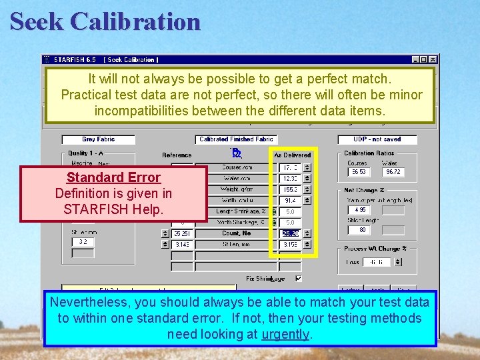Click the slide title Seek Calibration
[105, 21]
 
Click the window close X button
[432, 60]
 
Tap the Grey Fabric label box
[98, 139]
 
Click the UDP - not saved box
[377, 139]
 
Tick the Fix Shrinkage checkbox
[298, 279]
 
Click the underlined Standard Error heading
[113, 177]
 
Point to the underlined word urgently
[285, 334]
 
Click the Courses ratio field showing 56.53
[358, 172]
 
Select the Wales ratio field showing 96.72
[393, 172]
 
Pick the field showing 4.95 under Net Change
[359, 210]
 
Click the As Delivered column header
[293, 155]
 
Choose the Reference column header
[177, 155]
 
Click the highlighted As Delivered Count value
[290, 234]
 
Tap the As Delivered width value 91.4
[290, 200]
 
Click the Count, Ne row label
[237, 234]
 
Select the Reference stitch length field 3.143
[181, 245]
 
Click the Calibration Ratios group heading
[369, 153]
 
